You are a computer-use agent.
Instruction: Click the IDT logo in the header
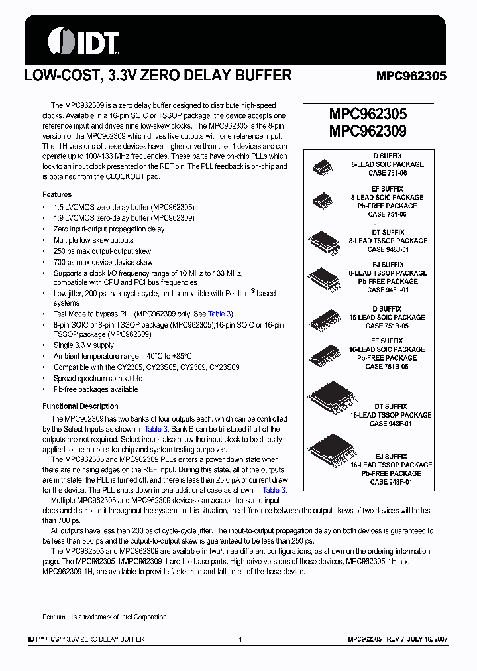click(x=83, y=41)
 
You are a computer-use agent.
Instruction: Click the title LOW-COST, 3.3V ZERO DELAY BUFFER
click(x=158, y=76)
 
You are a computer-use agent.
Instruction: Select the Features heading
click(x=57, y=194)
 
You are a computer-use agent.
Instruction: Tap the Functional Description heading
click(x=80, y=406)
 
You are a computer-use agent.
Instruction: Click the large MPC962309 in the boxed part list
click(x=368, y=131)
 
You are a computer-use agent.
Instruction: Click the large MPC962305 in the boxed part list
click(x=368, y=115)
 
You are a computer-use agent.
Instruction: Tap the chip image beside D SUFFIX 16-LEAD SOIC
click(x=325, y=318)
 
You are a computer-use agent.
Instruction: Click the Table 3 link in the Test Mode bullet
click(x=219, y=314)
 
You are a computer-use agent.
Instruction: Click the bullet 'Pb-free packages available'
click(x=95, y=389)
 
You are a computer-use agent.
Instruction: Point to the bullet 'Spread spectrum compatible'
click(x=97, y=378)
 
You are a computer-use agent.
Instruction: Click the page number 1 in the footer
click(x=240, y=639)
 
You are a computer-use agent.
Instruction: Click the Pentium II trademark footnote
click(x=105, y=617)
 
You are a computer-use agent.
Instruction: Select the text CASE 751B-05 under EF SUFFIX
click(x=387, y=366)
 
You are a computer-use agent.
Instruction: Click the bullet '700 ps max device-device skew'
click(x=103, y=262)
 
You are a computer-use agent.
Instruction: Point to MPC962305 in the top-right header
click(x=411, y=76)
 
